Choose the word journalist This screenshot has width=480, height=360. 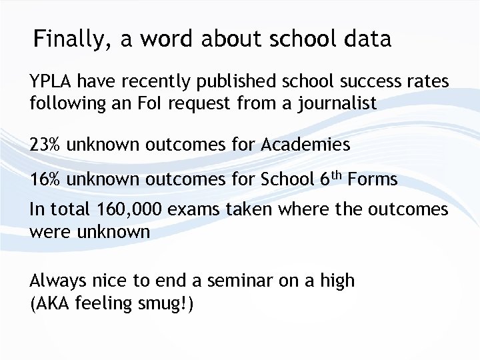click(333, 104)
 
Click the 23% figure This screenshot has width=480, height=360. click(45, 144)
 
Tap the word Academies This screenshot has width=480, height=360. click(309, 144)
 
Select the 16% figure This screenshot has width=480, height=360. click(45, 179)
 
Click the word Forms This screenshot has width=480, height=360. click(373, 179)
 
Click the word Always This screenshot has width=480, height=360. click(58, 281)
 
